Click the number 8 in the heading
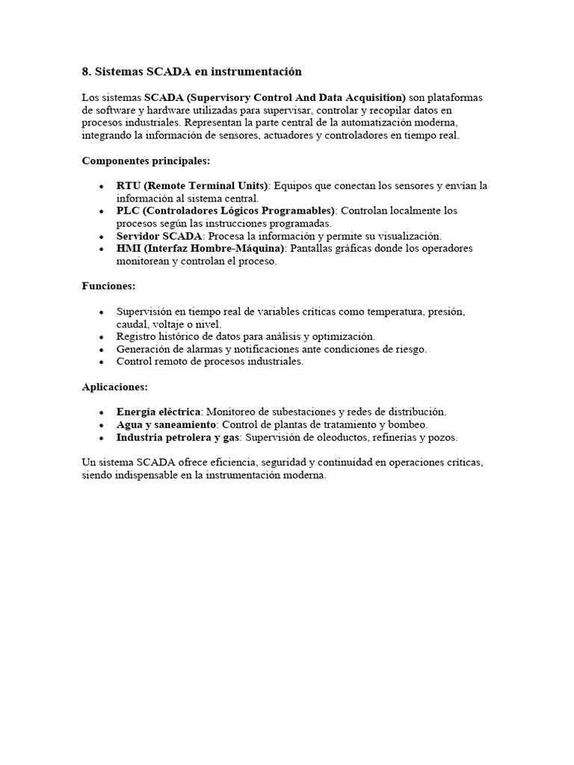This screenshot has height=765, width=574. (85, 72)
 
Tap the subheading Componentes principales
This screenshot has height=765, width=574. (146, 161)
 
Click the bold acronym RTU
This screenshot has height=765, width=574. (127, 186)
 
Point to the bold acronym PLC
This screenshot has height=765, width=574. (127, 211)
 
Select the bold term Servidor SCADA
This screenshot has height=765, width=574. (159, 236)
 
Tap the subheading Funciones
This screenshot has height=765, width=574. (108, 286)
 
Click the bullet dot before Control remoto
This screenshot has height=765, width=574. (101, 362)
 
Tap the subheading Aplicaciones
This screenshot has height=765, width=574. (114, 387)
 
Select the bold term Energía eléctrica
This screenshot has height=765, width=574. (158, 412)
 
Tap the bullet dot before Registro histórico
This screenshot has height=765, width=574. (101, 337)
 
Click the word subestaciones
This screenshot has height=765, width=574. (291, 412)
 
